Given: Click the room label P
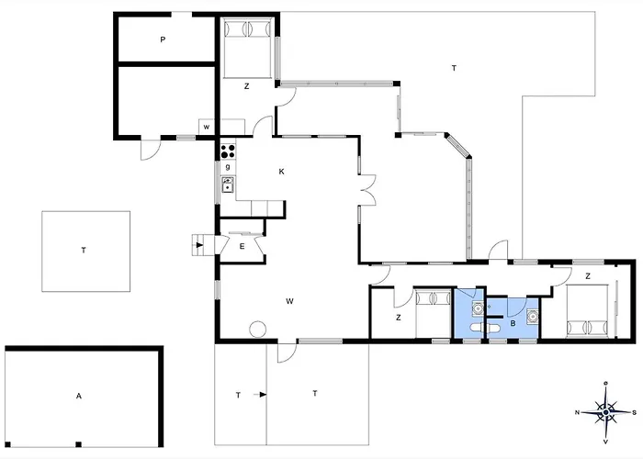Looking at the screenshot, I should pyautogui.click(x=162, y=39).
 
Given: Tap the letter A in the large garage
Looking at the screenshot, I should pyautogui.click(x=79, y=397).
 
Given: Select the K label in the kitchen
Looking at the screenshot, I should pyautogui.click(x=281, y=172).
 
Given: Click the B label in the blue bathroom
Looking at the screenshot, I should pyautogui.click(x=512, y=322).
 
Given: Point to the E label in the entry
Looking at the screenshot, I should pyautogui.click(x=242, y=246).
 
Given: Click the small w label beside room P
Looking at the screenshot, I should pyautogui.click(x=207, y=127).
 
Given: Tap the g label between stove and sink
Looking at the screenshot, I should pyautogui.click(x=226, y=167).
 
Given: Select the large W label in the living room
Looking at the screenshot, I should pyautogui.click(x=289, y=300).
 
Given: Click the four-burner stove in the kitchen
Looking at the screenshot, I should pyautogui.click(x=228, y=151).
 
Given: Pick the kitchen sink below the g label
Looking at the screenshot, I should pyautogui.click(x=227, y=185).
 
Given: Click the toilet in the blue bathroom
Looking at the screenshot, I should pyautogui.click(x=476, y=327).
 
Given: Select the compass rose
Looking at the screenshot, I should pyautogui.click(x=605, y=410).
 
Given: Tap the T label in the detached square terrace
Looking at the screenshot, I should pyautogui.click(x=84, y=250).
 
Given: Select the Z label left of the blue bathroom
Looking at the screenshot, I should pyautogui.click(x=398, y=318).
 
